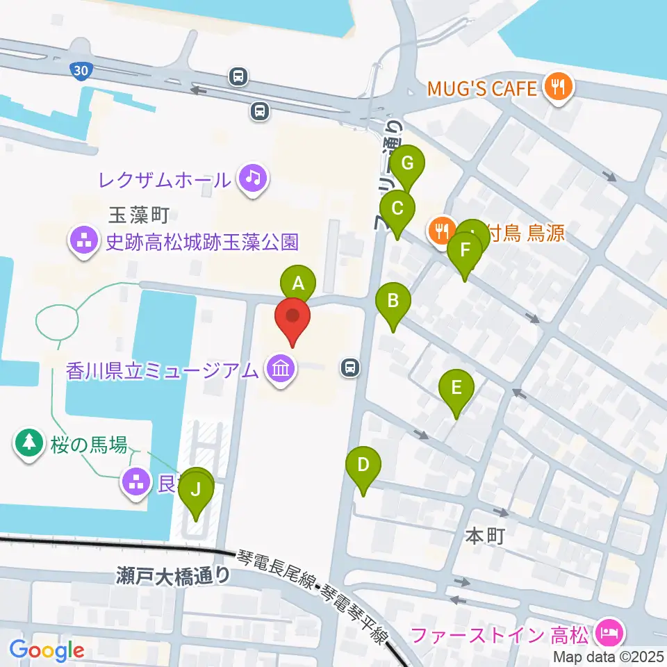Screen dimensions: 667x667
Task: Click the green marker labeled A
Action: [x=298, y=283]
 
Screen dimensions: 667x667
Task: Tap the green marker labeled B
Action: [x=393, y=302]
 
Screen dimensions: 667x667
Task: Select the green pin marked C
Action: [x=397, y=208]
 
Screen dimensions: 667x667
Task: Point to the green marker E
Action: [x=456, y=387]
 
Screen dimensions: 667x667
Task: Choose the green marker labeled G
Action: [x=407, y=164]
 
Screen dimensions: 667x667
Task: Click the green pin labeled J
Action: [x=196, y=490]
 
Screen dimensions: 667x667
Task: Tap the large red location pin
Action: [x=293, y=317]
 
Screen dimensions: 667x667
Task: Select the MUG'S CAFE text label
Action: [x=482, y=88]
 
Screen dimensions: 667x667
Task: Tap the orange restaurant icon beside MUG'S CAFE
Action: [x=558, y=88]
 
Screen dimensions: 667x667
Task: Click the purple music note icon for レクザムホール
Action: [x=252, y=179]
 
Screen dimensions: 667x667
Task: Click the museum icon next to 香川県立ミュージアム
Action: [x=279, y=369]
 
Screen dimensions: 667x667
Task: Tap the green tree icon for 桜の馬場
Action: [x=28, y=443]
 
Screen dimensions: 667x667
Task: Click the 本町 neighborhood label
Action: [x=483, y=537]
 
